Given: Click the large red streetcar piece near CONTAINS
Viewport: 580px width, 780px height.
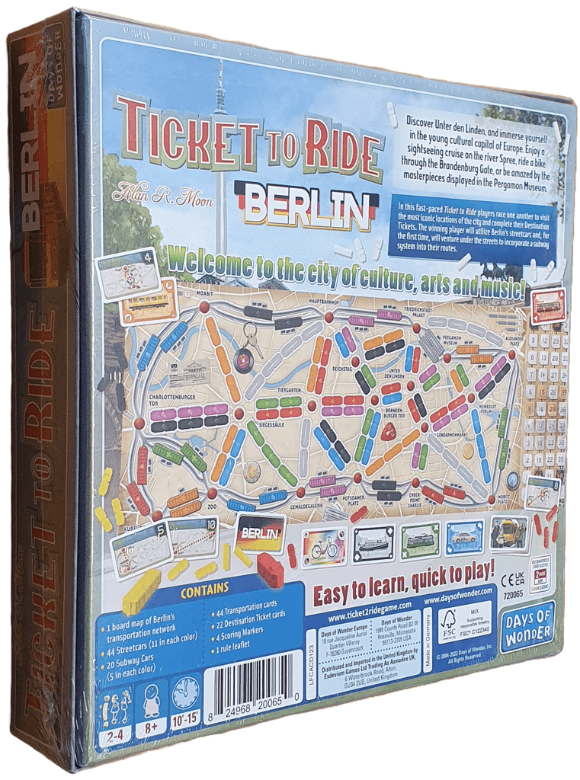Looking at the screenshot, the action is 270,571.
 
